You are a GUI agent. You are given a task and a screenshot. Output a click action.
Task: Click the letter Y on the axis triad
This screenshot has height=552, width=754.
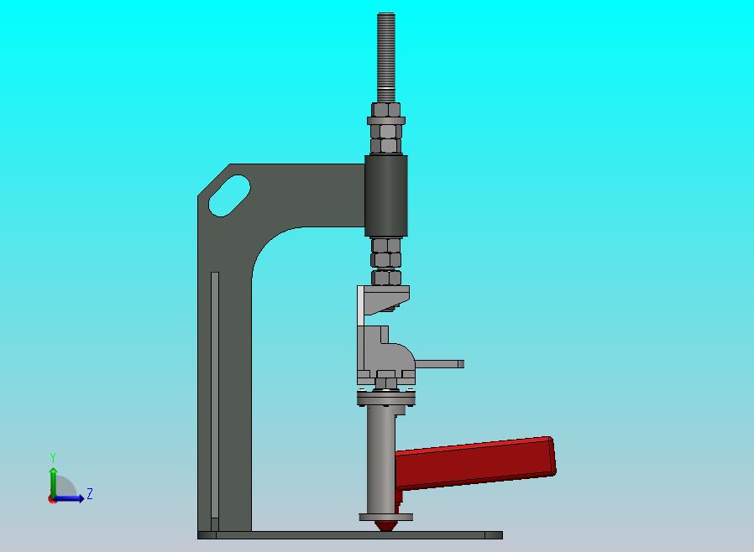pos(53,458)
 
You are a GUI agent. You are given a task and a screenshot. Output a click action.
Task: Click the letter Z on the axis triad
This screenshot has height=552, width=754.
pos(89,494)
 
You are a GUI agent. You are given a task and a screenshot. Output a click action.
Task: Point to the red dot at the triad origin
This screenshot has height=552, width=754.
pos(52,499)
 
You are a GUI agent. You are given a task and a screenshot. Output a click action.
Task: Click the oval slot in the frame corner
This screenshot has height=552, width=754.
pos(228,195)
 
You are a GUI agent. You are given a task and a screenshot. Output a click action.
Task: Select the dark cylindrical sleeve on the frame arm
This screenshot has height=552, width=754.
pos(386,195)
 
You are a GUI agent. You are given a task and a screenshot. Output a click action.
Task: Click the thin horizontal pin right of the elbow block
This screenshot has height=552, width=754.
pos(440,364)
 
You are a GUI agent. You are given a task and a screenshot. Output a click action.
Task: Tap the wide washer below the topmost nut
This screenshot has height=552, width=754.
pos(386,122)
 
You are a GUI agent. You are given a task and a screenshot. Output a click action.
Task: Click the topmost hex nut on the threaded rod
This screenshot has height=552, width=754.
pos(386,111)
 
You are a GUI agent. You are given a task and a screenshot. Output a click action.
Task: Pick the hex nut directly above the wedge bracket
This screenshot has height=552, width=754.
pos(386,277)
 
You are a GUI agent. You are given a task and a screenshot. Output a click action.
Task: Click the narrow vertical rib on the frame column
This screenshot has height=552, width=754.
pos(215,394)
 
